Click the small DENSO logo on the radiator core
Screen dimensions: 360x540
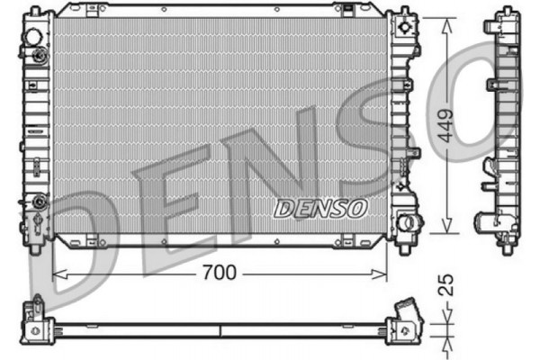pos(320,208)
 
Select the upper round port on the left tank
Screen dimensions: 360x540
pos(33,39)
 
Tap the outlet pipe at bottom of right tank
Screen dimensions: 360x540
pos(410,220)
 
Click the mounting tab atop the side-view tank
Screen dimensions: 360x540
pos(501,19)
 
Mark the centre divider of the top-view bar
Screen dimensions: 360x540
pos(220,329)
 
